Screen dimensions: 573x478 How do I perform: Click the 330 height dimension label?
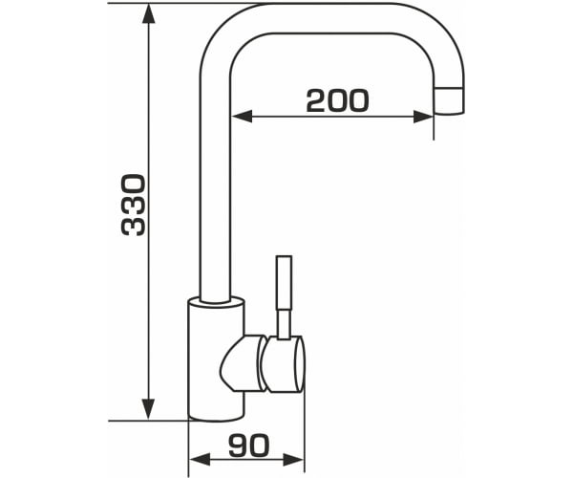click(x=134, y=205)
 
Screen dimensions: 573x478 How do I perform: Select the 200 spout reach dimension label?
click(x=337, y=100)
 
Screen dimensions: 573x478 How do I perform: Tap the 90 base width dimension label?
click(x=248, y=445)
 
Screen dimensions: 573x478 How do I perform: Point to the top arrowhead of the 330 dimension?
click(x=148, y=13)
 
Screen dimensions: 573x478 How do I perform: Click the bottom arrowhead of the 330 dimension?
click(x=148, y=409)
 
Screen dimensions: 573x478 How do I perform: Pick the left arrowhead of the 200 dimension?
click(x=242, y=117)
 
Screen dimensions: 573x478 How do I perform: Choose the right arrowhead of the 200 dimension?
click(x=423, y=117)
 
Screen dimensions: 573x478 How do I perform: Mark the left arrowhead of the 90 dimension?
click(x=200, y=459)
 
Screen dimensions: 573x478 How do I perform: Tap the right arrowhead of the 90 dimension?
click(x=294, y=459)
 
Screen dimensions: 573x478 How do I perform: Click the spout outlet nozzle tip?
click(x=449, y=100)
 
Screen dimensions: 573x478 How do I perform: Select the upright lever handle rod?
click(x=284, y=283)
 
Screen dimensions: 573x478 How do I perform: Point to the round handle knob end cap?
click(x=299, y=364)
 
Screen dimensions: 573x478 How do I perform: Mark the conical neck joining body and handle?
click(x=243, y=363)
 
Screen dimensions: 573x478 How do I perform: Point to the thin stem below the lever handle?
click(x=284, y=324)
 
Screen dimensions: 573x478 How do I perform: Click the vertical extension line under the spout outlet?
click(x=434, y=126)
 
